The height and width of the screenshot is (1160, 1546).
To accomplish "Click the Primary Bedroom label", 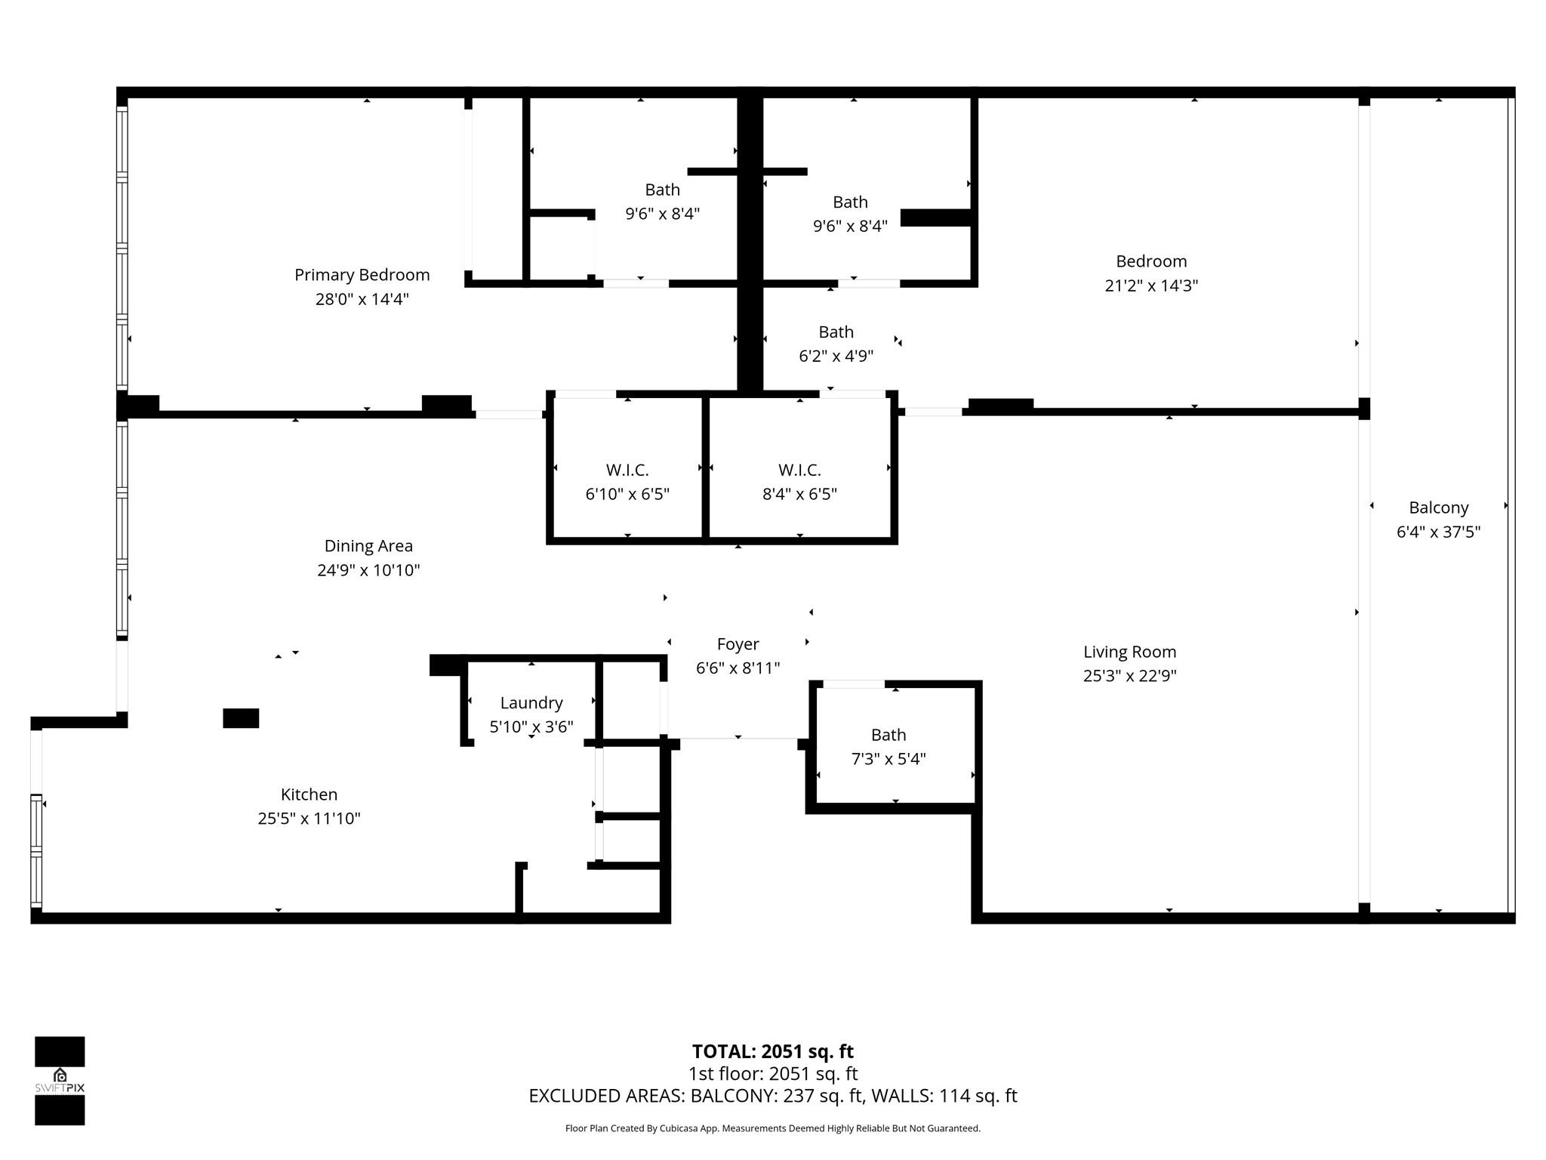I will [362, 275].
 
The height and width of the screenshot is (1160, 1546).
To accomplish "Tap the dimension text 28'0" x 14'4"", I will [362, 299].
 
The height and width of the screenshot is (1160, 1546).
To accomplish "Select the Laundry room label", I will [531, 703].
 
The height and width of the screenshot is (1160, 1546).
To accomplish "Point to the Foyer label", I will [738, 644].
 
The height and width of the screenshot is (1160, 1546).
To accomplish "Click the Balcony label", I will [1438, 507].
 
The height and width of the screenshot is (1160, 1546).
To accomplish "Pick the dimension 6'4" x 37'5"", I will [1438, 532].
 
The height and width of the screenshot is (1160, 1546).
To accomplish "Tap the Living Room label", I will [1129, 652].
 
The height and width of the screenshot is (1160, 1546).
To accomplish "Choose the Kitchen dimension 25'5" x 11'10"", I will [309, 819].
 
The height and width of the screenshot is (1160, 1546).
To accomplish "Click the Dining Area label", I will [368, 546].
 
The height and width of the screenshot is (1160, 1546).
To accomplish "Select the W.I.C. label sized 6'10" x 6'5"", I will [627, 470].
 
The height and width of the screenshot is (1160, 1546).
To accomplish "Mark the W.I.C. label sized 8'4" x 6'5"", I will [799, 470].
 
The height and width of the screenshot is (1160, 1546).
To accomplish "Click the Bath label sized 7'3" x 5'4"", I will [888, 735].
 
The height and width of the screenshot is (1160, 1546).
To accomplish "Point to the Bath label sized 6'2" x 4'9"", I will [836, 332].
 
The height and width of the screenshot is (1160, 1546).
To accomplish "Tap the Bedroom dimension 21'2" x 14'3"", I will [1151, 285].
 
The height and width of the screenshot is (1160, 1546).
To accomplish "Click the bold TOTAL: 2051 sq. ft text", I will [772, 1051].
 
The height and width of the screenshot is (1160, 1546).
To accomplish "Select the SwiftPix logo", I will [60, 1081].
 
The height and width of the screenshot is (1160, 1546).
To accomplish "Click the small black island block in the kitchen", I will [241, 718].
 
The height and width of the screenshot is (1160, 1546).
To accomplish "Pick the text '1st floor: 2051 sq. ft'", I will [772, 1074].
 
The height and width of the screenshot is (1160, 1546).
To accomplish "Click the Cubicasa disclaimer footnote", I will [772, 1128].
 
